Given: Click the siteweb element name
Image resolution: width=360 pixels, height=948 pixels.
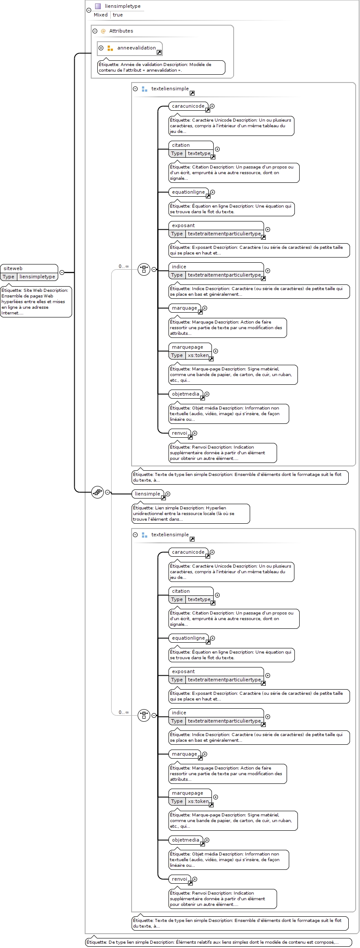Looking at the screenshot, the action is [13, 268].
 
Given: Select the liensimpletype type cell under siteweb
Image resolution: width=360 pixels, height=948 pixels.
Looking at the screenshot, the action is [37, 277].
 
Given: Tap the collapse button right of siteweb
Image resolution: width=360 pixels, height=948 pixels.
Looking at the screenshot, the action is [62, 272].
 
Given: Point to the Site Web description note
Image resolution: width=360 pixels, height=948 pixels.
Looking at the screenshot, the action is [36, 301].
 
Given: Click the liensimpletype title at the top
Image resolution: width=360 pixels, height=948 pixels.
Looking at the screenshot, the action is [123, 6].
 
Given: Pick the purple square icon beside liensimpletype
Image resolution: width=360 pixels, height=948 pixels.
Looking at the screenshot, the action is [98, 6].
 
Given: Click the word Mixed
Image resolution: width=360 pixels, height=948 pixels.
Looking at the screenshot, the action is [101, 15].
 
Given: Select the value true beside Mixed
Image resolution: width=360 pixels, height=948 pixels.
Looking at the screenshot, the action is [118, 15].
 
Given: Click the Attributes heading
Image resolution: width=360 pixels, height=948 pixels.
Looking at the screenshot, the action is [121, 31].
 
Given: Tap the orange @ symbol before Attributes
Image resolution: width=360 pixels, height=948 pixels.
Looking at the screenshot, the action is [103, 31].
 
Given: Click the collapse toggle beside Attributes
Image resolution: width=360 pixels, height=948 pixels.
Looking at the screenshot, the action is [95, 31].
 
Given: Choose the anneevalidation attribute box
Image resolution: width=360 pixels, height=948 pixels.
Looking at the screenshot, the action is [130, 48].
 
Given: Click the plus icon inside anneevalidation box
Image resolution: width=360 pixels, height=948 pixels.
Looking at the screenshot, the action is [101, 48].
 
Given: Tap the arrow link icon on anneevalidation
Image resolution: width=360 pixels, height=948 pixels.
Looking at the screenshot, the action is [159, 52].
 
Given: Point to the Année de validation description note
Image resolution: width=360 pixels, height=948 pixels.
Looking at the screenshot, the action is [162, 67].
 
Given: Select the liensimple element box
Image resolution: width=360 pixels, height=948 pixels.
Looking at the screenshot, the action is [148, 494].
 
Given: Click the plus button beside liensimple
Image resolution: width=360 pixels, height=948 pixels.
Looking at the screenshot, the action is [168, 494].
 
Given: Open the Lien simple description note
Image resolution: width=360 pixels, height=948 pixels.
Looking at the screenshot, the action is [191, 513].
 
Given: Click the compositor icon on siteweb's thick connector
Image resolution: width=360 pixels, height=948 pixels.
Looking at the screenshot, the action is [98, 492].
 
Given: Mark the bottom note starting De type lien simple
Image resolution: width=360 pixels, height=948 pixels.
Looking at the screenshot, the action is [212, 942].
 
